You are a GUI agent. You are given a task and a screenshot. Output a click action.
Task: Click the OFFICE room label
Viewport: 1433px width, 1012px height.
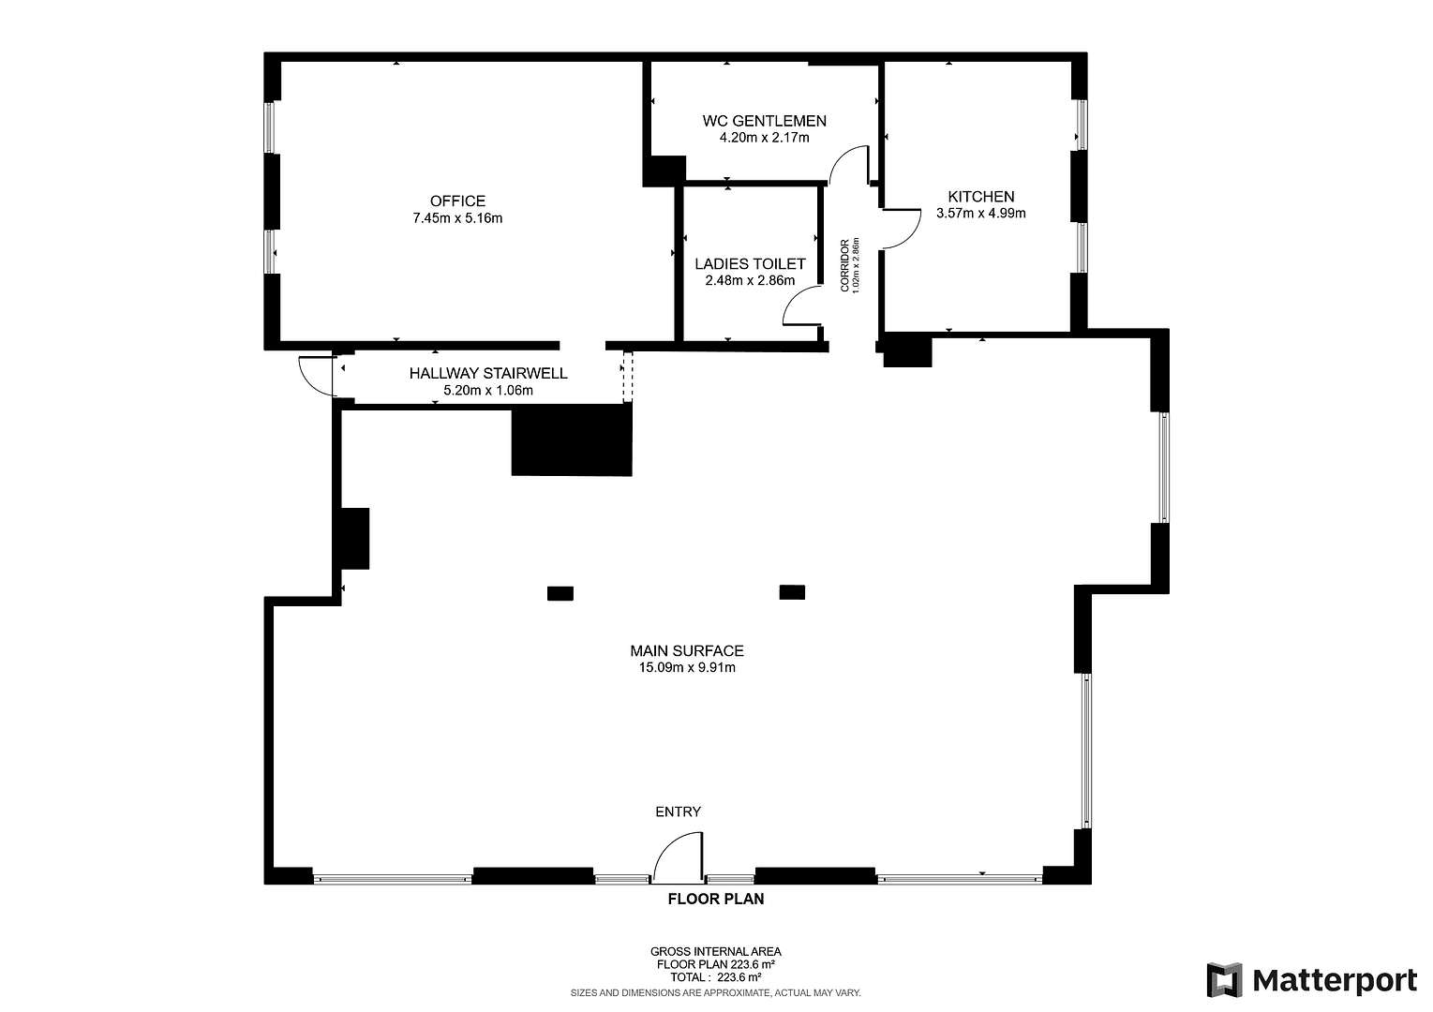point(457,201)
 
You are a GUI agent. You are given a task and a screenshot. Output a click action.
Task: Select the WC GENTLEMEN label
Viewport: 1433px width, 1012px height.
point(764,121)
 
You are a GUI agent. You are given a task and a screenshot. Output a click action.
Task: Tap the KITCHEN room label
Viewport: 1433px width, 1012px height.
point(980,197)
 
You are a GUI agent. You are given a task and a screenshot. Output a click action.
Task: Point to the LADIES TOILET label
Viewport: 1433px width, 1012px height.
point(750,264)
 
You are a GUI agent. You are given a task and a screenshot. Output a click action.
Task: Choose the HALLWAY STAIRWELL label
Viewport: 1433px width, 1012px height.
point(487,373)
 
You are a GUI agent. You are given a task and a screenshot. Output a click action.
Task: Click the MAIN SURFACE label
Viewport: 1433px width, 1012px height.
point(686,650)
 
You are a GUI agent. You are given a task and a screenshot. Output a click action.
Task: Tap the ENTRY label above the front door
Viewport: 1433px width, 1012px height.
point(678,811)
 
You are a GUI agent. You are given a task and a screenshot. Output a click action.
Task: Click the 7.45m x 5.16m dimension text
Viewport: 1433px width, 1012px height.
point(457,218)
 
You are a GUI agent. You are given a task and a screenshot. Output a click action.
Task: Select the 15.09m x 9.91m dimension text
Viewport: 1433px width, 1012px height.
point(686,668)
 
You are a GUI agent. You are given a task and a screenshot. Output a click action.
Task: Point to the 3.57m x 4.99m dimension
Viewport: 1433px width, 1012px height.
point(980,214)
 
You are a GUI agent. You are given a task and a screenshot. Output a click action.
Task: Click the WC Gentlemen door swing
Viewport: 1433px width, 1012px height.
point(849,164)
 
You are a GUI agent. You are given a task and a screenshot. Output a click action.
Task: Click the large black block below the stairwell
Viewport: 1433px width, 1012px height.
point(572,439)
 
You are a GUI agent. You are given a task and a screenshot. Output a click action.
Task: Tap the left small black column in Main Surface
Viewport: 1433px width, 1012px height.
point(560,592)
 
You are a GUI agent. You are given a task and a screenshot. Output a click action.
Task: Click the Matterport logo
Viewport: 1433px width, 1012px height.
point(1311,980)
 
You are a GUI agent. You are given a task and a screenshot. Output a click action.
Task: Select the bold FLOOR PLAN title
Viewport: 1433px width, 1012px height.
point(715,900)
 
